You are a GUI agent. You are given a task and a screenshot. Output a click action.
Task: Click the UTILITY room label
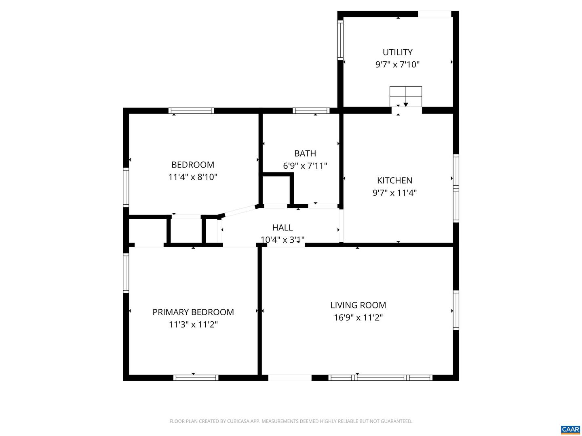397,52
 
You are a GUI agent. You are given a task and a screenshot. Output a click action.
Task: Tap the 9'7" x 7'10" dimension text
397,65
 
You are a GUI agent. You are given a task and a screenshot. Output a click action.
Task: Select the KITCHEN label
394,180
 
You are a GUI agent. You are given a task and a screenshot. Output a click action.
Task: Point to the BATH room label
305,153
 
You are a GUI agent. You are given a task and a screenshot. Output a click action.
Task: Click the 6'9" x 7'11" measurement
305,166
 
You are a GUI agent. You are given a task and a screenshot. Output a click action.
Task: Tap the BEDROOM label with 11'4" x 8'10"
193,165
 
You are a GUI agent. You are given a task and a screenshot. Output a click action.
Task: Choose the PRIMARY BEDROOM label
193,312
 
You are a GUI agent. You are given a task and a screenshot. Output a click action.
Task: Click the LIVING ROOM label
358,305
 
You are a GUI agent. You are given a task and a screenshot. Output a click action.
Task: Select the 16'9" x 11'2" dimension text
358,318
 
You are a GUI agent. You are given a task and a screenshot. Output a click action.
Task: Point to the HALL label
282,228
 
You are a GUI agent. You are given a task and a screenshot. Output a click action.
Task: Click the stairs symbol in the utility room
405,96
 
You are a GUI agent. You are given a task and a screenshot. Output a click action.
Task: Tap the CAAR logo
570,430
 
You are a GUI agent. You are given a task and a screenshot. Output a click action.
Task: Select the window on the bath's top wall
311,111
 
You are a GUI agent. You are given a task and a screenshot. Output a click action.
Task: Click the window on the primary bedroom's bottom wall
196,378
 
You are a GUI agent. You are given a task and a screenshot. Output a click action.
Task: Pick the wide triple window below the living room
380,378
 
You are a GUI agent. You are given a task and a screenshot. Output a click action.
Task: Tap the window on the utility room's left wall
340,40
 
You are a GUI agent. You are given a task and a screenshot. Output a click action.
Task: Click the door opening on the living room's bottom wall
290,378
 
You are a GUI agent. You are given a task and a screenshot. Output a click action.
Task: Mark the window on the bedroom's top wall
191,111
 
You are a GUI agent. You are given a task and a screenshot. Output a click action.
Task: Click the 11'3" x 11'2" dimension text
193,325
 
